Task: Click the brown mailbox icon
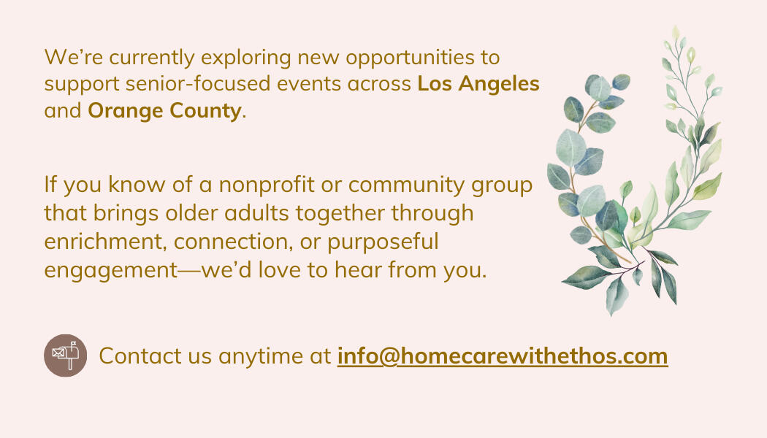(66, 356)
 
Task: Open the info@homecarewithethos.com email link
(503, 356)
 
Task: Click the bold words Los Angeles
(478, 84)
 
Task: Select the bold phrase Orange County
(164, 110)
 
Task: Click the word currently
(152, 58)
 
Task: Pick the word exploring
(246, 58)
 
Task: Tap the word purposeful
(383, 242)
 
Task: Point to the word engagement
(110, 270)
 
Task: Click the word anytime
(261, 356)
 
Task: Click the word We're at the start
(73, 58)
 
